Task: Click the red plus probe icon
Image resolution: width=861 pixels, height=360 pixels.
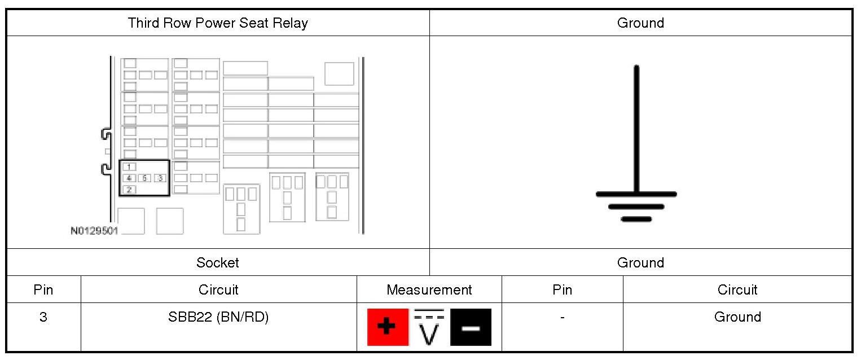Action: point(388,327)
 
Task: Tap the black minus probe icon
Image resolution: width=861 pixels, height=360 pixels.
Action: point(471,327)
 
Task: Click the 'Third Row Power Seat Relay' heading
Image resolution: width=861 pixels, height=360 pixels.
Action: point(218,23)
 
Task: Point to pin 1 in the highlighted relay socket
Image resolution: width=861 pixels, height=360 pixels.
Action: point(129,167)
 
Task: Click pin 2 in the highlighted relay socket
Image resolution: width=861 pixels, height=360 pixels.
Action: point(129,190)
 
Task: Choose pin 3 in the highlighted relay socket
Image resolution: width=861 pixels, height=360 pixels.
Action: point(160,178)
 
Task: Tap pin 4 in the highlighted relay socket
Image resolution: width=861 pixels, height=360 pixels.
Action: point(129,178)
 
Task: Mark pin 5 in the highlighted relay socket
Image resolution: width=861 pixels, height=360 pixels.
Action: point(144,178)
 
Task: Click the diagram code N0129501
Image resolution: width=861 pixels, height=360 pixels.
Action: point(94,231)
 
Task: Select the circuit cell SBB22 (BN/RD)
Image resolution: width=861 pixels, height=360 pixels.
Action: point(218,317)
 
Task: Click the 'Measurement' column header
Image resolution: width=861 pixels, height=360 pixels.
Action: point(429,290)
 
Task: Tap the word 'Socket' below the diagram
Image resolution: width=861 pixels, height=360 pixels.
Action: point(218,263)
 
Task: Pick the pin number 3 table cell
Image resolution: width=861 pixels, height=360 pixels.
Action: point(43,317)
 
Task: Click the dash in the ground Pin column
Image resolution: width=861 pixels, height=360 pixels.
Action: point(562,318)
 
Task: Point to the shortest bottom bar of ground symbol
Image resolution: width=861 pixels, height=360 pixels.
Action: point(636,219)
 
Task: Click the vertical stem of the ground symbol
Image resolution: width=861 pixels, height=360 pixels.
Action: point(636,130)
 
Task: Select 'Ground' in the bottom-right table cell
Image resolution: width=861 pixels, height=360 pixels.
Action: point(737,317)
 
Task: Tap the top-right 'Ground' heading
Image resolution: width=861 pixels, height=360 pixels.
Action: point(640,23)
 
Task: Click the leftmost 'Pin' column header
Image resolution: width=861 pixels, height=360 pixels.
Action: point(43,290)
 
